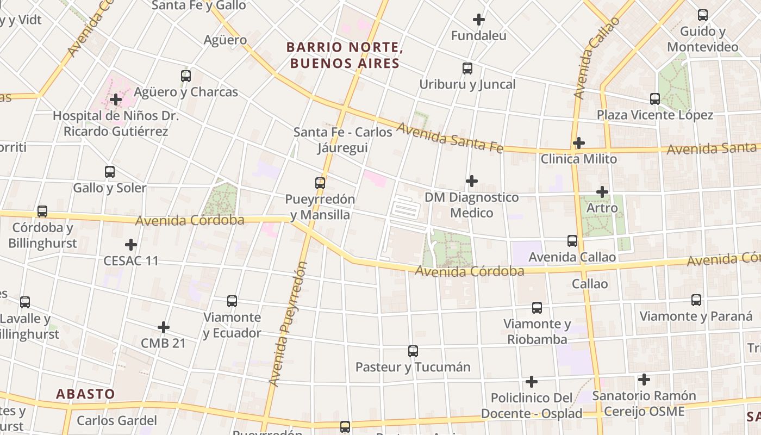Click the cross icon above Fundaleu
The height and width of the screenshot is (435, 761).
(478, 20)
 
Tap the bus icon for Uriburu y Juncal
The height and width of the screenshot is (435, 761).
(467, 69)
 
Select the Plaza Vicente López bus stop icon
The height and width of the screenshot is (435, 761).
(655, 99)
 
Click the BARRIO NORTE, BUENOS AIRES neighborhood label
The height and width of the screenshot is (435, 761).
(345, 55)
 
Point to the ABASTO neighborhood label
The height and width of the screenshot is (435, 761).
(86, 394)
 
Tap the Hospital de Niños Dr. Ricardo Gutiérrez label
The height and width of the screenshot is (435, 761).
(116, 123)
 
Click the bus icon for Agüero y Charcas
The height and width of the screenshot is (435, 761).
(186, 76)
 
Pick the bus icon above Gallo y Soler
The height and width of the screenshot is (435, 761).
(110, 172)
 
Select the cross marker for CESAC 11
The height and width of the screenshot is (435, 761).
(131, 245)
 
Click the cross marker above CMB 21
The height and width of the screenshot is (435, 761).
(163, 327)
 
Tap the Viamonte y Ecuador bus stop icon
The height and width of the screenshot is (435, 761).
(232, 301)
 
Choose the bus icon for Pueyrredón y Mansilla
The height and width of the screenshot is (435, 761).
(320, 183)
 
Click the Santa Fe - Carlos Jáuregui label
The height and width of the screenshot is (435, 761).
(343, 140)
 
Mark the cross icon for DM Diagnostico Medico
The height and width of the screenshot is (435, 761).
(472, 181)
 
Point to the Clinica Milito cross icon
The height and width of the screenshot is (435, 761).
(579, 143)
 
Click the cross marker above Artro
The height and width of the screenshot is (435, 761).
(602, 192)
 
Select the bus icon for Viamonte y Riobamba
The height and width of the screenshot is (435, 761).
(537, 308)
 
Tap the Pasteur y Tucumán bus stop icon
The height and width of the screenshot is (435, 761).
(413, 351)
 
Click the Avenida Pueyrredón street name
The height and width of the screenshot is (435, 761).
(289, 324)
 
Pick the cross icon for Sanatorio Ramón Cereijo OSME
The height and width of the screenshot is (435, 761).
(644, 380)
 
